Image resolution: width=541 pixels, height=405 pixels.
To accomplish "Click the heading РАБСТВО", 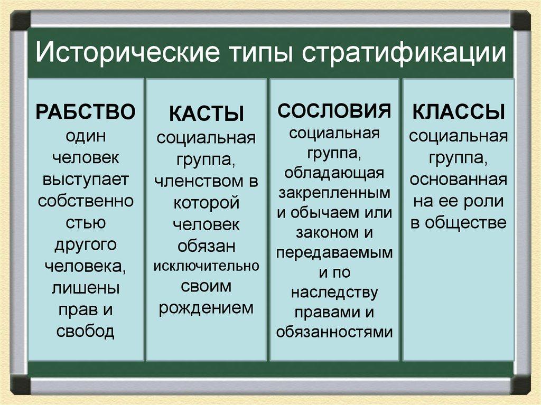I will coord(86,112).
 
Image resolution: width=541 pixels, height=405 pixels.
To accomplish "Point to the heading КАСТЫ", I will coord(206,115).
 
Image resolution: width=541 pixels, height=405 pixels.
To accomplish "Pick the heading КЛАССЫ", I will coord(458,112).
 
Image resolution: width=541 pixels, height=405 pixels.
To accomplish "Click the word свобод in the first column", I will coord(86,332).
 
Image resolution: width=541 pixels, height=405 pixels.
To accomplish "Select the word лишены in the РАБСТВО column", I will coord(86,288).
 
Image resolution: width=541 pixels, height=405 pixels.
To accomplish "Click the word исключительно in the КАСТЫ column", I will coord(206,266).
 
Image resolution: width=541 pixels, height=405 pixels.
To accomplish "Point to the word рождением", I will coord(206,307).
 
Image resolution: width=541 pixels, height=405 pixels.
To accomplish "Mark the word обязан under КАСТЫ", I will coord(206,246).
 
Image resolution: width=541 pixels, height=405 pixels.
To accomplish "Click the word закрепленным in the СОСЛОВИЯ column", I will coord(334,193).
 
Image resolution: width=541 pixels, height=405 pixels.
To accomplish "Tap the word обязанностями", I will coord(334,332).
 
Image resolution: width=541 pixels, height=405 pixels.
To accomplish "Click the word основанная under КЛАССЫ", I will coord(458,180).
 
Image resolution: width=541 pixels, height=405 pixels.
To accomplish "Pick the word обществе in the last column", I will coord(473,222).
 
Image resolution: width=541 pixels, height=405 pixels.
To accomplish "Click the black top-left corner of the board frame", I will coord(20,21).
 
